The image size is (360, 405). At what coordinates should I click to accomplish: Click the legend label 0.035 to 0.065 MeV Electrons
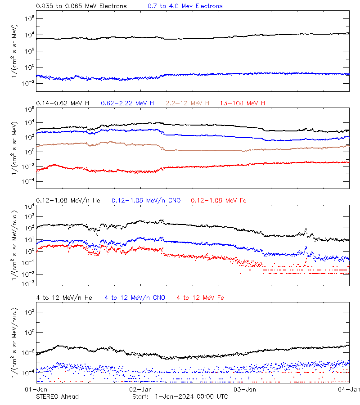pos(81,6)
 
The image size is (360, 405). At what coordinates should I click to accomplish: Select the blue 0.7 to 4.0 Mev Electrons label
pos(185,6)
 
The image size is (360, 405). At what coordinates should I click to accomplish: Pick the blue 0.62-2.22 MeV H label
pos(127,103)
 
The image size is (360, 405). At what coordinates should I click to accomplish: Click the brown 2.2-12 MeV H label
pos(188,103)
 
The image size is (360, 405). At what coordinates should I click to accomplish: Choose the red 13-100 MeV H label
pos(242,103)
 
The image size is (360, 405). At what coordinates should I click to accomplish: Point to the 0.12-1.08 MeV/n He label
pos(70,200)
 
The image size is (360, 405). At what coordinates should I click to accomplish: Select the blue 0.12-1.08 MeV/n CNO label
pos(146,200)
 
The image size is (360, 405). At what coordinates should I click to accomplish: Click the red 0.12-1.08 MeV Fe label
pos(219,200)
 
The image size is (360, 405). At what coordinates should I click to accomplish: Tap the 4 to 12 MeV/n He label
pos(64,297)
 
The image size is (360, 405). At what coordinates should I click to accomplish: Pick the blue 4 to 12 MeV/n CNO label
pos(135,297)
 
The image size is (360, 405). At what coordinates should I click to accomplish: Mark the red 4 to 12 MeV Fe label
pos(200,297)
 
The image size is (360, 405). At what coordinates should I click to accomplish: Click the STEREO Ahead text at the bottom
pos(57,396)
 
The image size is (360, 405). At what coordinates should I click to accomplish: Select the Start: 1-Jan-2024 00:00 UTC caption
pos(180,396)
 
